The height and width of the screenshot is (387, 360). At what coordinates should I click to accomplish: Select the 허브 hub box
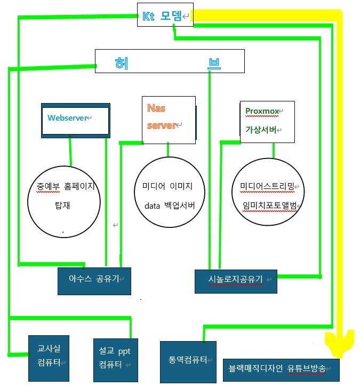170,61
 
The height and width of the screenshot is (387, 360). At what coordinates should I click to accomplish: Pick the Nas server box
168,119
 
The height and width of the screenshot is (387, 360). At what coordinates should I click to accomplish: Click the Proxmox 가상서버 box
267,121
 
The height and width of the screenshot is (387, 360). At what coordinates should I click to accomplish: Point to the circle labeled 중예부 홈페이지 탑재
64,196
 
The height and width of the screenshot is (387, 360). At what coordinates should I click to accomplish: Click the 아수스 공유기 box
94,280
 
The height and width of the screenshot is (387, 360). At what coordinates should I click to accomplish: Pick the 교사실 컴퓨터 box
49,358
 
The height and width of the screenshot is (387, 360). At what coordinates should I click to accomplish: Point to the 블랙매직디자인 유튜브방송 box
281,368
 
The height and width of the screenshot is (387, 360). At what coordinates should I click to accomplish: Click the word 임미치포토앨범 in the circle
268,206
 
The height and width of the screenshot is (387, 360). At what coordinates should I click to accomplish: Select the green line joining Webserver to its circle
70,153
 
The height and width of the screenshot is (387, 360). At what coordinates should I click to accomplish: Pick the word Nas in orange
157,108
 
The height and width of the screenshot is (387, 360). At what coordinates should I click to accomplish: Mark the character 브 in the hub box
214,63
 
